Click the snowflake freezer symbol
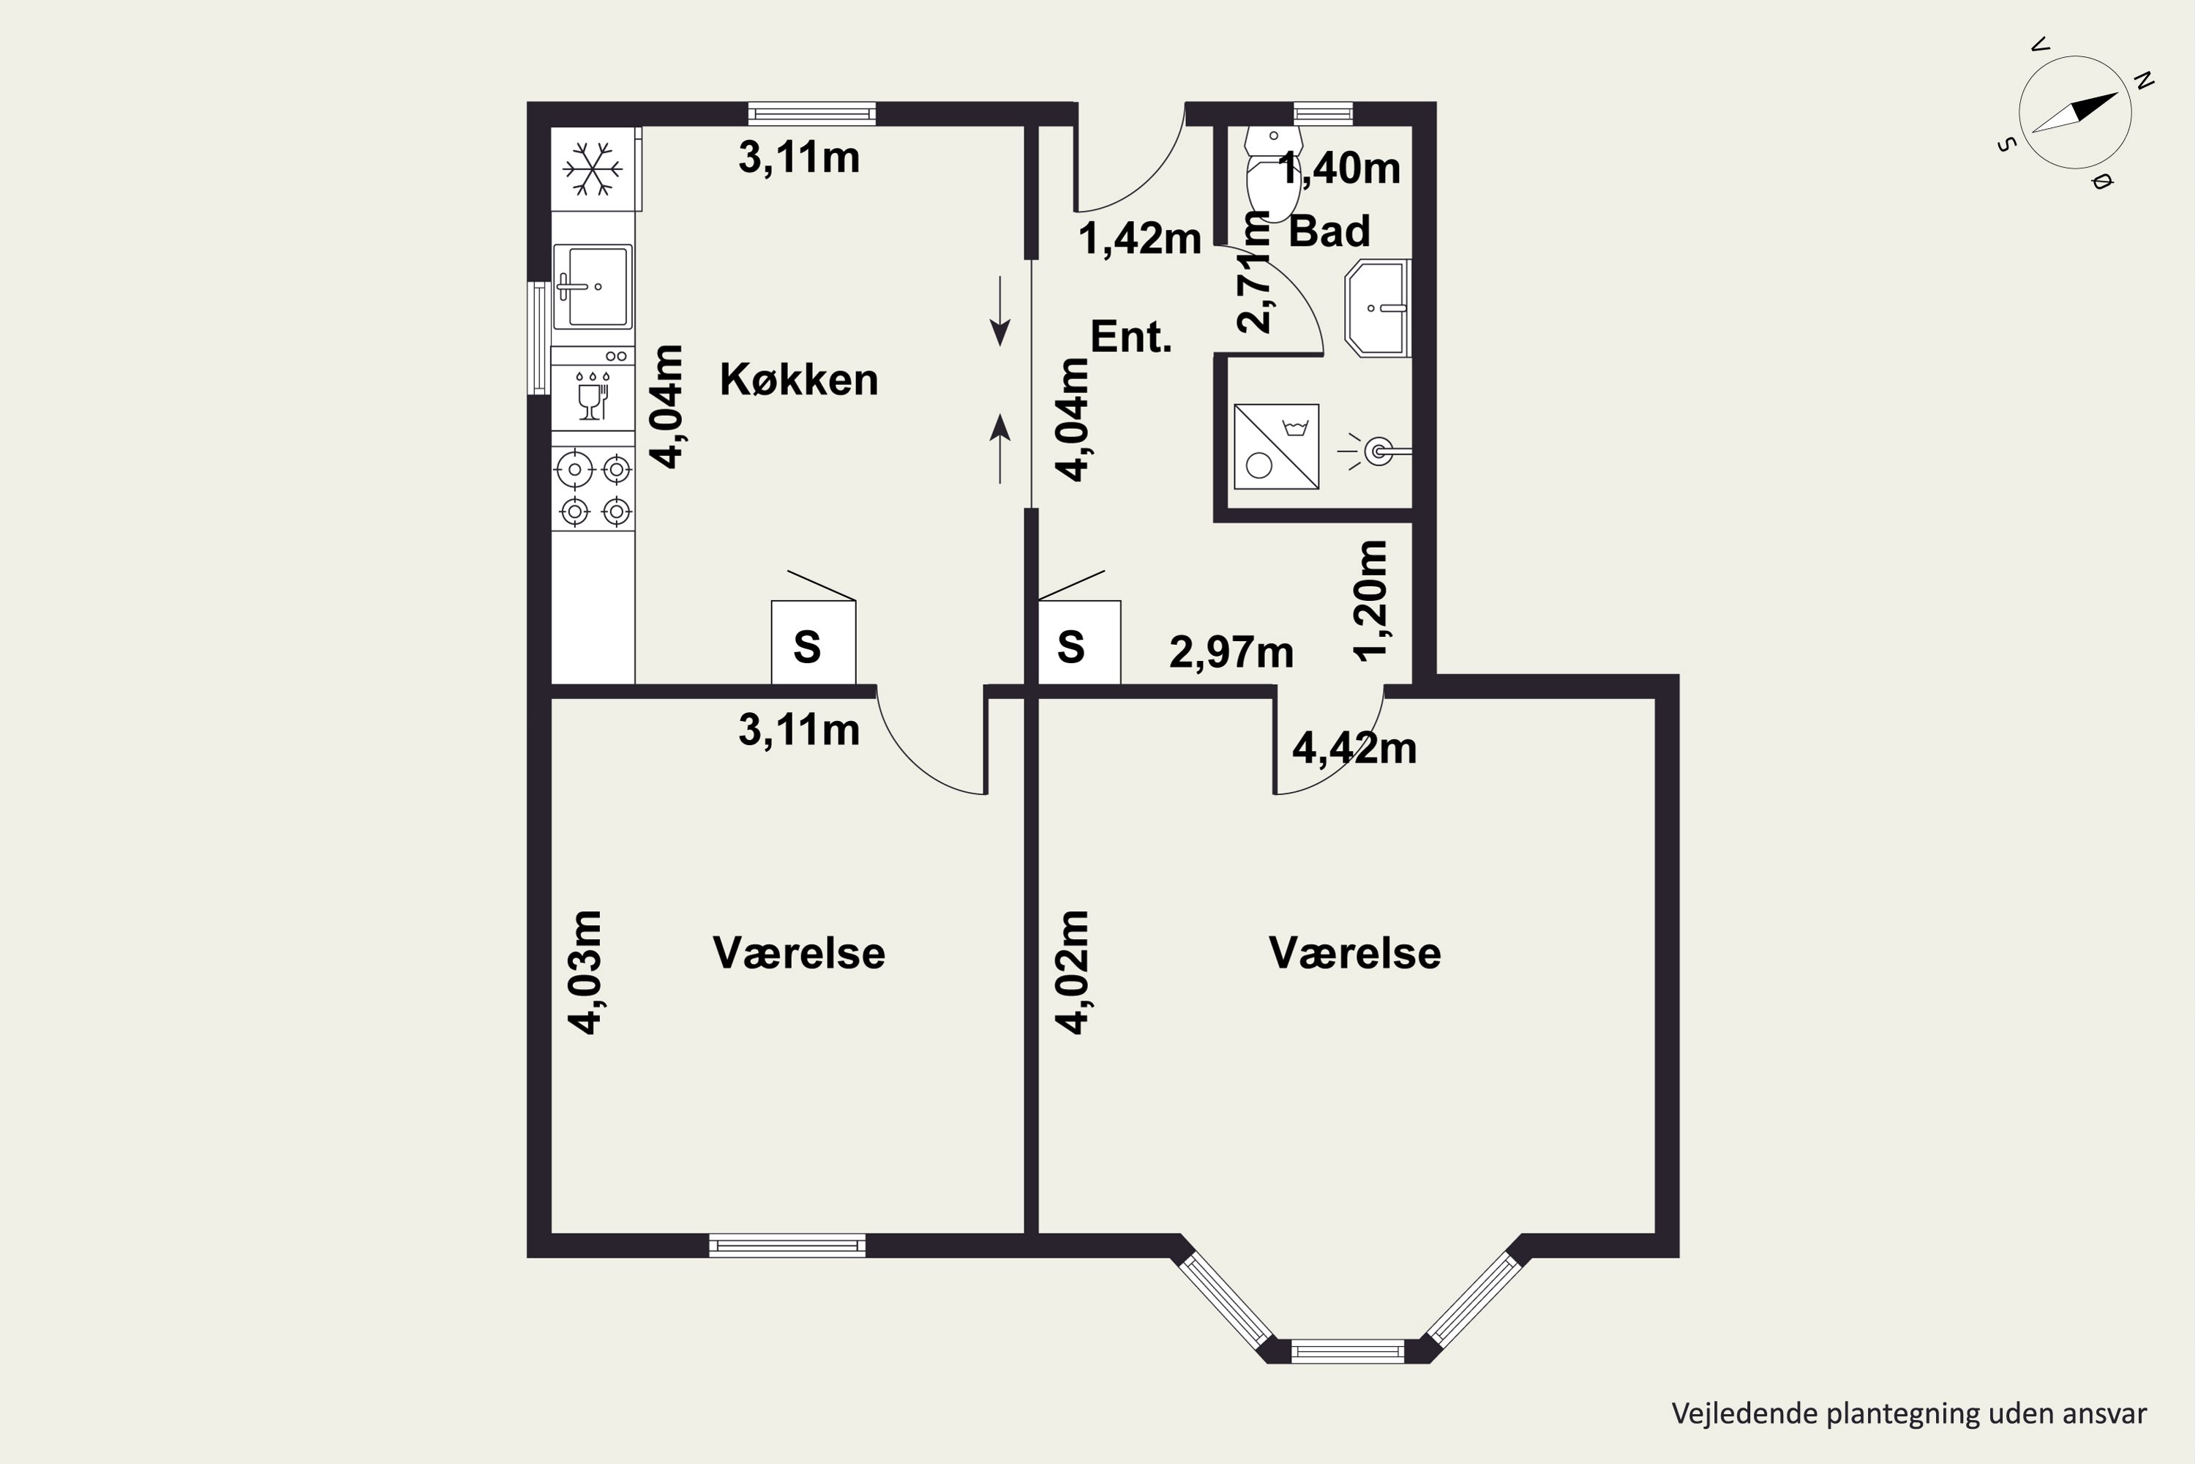(x=593, y=169)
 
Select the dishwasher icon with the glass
(x=593, y=396)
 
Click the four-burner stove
(x=593, y=489)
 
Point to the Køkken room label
(x=799, y=380)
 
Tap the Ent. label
(x=1131, y=336)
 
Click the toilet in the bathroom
(x=1274, y=175)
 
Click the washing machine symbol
(x=1276, y=447)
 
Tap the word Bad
(x=1329, y=231)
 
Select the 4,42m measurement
(x=1354, y=748)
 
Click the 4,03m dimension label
(x=586, y=972)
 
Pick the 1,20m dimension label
(x=1371, y=600)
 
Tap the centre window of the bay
(x=1348, y=1351)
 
